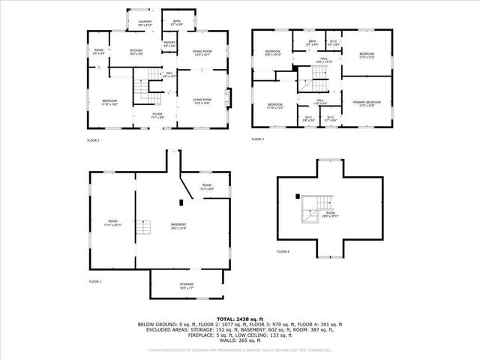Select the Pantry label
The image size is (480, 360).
point(169,44)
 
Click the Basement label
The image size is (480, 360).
point(178,226)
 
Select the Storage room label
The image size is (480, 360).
point(187,285)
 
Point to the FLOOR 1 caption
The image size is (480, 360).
point(95,281)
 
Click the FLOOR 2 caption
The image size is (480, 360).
point(93,140)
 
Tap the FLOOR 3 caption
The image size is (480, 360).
point(258,139)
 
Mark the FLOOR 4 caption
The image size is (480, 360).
point(283,251)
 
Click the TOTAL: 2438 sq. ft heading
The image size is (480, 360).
point(239,319)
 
